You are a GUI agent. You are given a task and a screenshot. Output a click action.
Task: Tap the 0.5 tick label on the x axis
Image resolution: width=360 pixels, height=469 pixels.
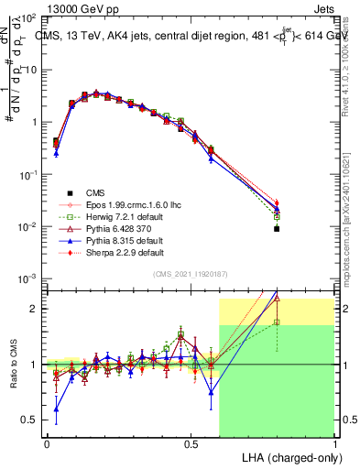(191, 442)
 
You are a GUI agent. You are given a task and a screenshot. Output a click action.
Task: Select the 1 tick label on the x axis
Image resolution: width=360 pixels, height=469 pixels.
(335, 442)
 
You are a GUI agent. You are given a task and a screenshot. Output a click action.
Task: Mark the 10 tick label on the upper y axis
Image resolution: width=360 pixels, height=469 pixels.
(29, 70)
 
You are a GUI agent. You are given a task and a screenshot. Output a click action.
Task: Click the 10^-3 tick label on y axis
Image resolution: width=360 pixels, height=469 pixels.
(27, 278)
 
